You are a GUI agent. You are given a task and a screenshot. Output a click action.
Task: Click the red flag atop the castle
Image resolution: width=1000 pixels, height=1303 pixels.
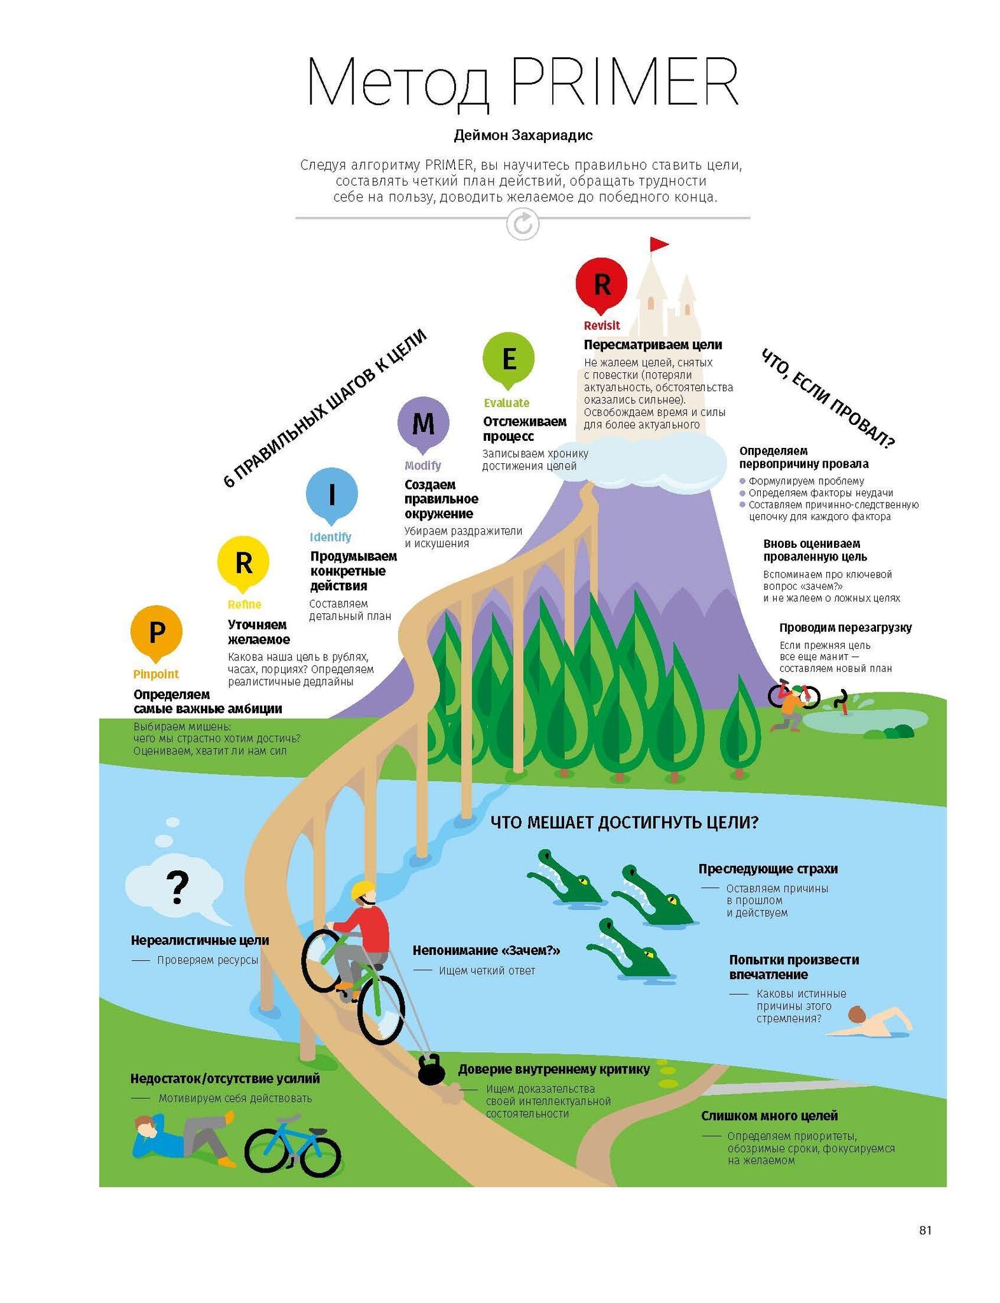(658, 244)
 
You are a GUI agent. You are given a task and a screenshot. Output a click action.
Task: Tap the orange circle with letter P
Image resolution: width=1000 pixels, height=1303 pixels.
(156, 632)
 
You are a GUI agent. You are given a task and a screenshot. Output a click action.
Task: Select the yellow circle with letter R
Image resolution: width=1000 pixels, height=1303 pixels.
(243, 562)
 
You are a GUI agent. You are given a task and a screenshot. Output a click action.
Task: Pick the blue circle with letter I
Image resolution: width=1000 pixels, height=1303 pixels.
(331, 494)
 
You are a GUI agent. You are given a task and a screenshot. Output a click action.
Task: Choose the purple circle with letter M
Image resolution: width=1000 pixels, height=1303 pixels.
(423, 422)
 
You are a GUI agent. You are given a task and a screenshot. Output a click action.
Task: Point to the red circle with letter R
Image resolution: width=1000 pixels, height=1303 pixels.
(601, 284)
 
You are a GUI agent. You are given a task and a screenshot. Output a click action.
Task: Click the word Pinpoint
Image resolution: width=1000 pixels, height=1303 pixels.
(156, 674)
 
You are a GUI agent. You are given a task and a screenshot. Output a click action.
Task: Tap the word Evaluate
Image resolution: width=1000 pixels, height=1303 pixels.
(506, 403)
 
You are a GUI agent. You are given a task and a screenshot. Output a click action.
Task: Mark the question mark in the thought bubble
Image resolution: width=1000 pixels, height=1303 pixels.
(177, 888)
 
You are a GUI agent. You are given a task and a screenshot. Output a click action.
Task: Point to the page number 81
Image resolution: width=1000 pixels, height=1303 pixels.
(925, 1230)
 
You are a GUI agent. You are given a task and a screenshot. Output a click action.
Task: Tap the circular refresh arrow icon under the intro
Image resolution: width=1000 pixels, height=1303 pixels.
(522, 225)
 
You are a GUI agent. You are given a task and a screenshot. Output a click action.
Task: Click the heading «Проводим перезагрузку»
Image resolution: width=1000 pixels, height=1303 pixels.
(845, 628)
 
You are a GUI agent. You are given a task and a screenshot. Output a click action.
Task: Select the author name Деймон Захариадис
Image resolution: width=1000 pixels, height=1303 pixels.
(523, 136)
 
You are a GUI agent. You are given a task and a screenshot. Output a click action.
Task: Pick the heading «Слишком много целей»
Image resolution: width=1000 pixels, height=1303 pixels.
(769, 1116)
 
